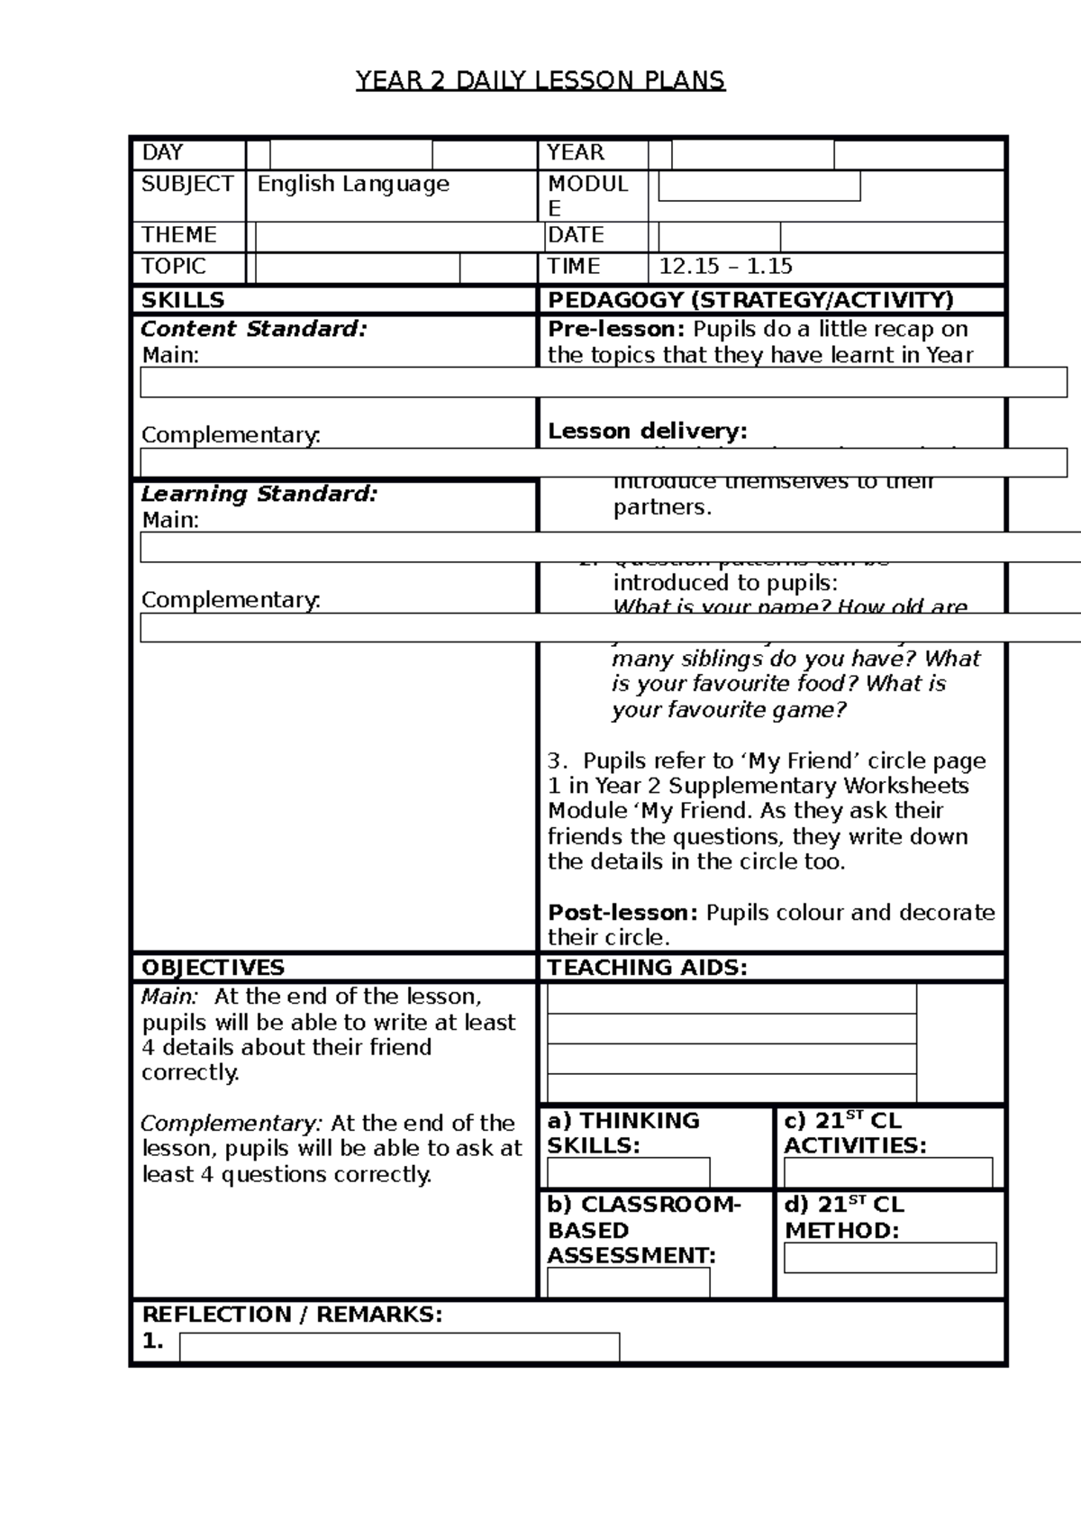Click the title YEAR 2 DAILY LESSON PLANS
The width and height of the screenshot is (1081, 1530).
tap(540, 81)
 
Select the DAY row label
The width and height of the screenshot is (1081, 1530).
tap(162, 153)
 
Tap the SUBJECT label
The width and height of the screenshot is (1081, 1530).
tap(187, 184)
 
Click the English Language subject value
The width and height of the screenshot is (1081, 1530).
tap(353, 185)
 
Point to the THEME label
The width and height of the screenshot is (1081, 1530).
tap(178, 235)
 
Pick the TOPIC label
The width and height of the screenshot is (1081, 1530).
tap(174, 267)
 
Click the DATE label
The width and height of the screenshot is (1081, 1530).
tap(576, 235)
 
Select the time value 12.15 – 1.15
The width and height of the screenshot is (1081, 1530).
tap(726, 267)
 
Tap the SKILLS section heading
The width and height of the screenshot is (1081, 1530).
tap(183, 300)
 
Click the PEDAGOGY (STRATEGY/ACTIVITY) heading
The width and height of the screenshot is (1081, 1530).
tap(750, 300)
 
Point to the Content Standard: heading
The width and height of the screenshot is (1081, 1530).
tap(254, 329)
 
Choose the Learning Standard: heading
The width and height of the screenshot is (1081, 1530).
tap(259, 494)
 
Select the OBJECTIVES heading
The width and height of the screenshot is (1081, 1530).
tap(213, 968)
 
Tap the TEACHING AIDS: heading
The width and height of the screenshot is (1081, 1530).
tap(648, 968)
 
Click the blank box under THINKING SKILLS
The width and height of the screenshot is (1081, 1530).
tap(628, 1172)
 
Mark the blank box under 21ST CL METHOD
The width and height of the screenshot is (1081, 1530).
tap(890, 1257)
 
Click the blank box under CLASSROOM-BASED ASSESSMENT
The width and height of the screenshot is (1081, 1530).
tap(628, 1282)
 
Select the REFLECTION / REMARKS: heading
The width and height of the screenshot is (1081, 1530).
tap(292, 1315)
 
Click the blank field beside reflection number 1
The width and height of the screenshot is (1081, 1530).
tap(399, 1346)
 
